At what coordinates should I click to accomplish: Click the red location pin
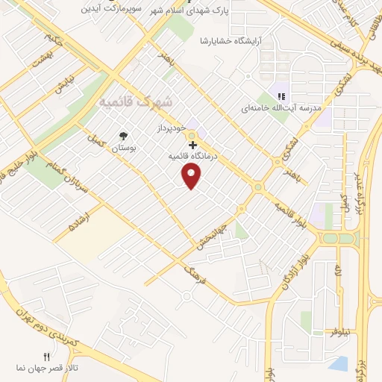[x=192, y=176]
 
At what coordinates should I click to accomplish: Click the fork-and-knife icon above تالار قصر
[x=47, y=357]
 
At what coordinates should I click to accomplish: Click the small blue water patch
[x=339, y=363]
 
